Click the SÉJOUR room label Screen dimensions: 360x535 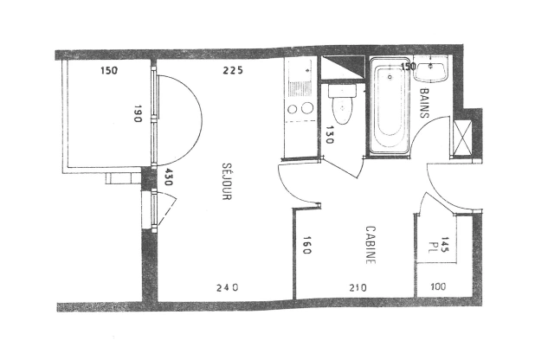tap(225, 183)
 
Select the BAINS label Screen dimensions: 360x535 tap(426, 102)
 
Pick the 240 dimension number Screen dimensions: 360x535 tap(226, 287)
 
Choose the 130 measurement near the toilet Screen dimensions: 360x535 tap(330, 136)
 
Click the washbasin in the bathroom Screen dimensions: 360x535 tap(434, 70)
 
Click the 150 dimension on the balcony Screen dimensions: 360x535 tap(108, 71)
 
